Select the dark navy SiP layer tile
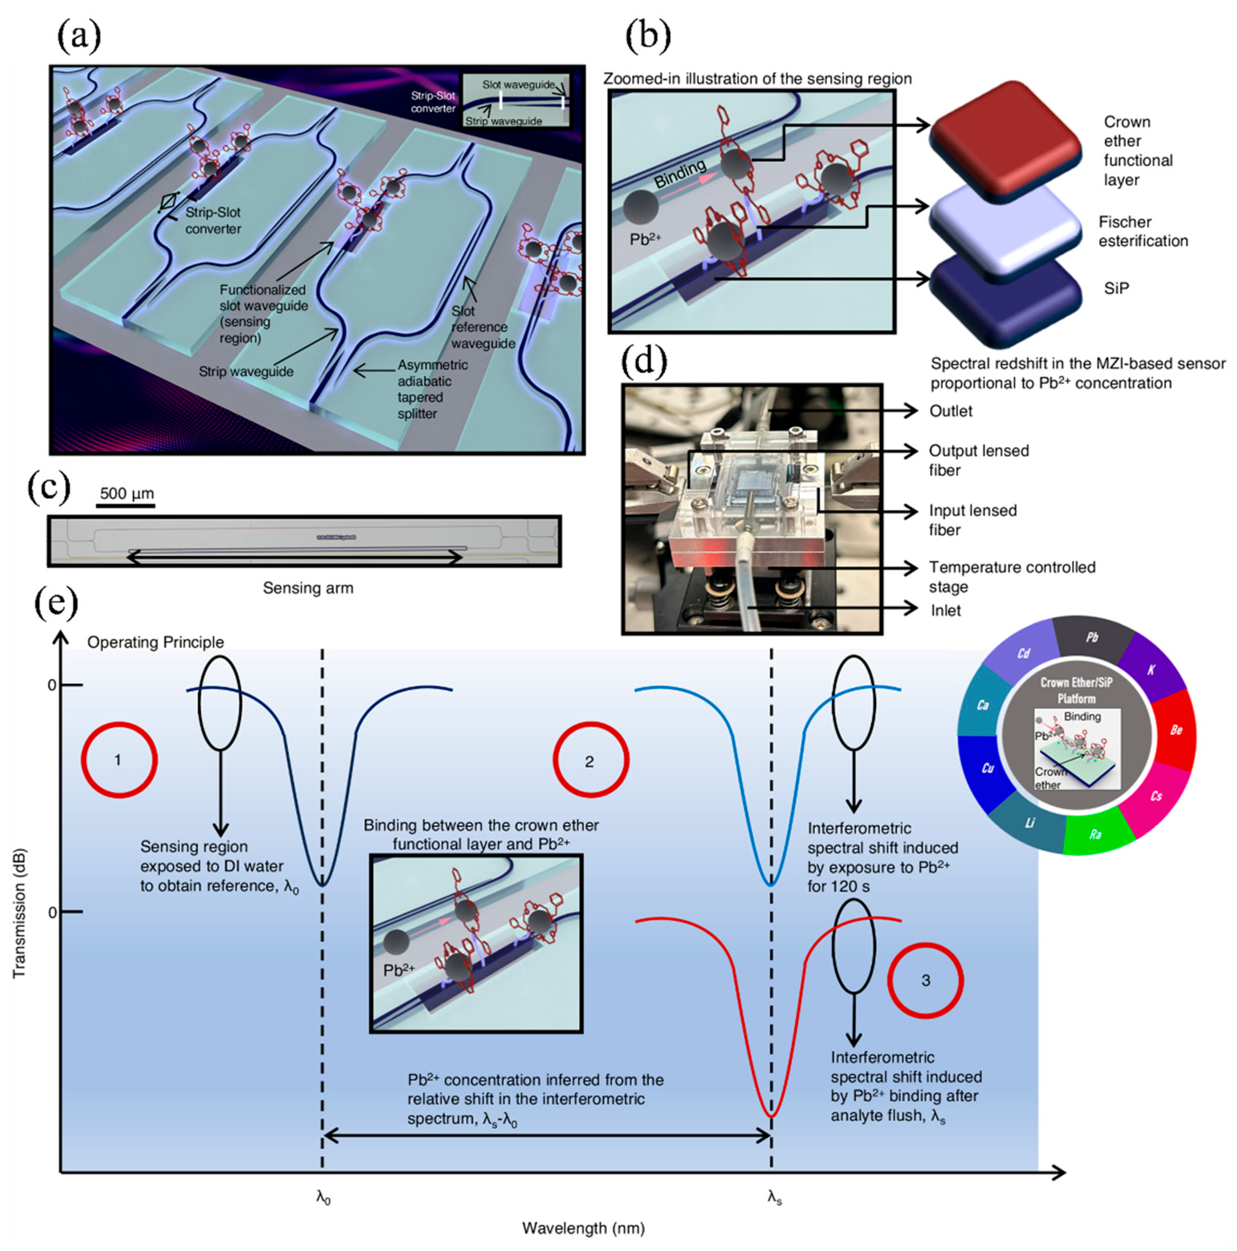point(1005,299)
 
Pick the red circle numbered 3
point(925,980)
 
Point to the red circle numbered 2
point(590,761)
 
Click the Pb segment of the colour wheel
point(1092,637)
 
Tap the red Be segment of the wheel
point(1175,730)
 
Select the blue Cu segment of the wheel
point(987,769)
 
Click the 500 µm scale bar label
point(127,493)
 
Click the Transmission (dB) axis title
point(19,913)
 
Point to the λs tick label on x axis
point(774,1197)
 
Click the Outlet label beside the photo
point(950,411)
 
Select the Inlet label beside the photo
point(945,610)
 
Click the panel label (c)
point(49,487)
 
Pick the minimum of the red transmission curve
point(770,1116)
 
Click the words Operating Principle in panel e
point(155,642)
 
